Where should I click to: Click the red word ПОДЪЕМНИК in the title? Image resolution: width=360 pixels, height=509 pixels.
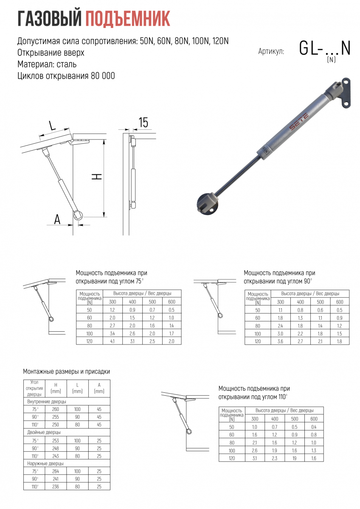pyautogui.click(x=128, y=19)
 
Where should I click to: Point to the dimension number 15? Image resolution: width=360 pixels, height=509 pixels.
pyautogui.click(x=143, y=123)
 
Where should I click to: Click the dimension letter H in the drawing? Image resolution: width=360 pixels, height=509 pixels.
pyautogui.click(x=98, y=177)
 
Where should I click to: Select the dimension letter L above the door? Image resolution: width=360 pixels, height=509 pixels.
pyautogui.click(x=52, y=126)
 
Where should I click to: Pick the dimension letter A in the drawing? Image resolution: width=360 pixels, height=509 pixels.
pyautogui.click(x=57, y=219)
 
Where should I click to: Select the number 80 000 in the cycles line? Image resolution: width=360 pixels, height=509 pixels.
pyautogui.click(x=103, y=76)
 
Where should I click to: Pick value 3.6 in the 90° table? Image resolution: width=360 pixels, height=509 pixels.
pyautogui.click(x=281, y=341)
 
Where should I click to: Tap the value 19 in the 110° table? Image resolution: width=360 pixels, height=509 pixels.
pyautogui.click(x=295, y=458)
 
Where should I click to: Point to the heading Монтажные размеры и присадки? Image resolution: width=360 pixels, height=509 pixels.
pyautogui.click(x=67, y=372)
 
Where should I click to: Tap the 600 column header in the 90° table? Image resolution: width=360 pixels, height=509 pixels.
pyautogui.click(x=340, y=302)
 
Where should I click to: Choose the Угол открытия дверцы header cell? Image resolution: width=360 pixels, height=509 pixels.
pyautogui.click(x=34, y=388)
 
